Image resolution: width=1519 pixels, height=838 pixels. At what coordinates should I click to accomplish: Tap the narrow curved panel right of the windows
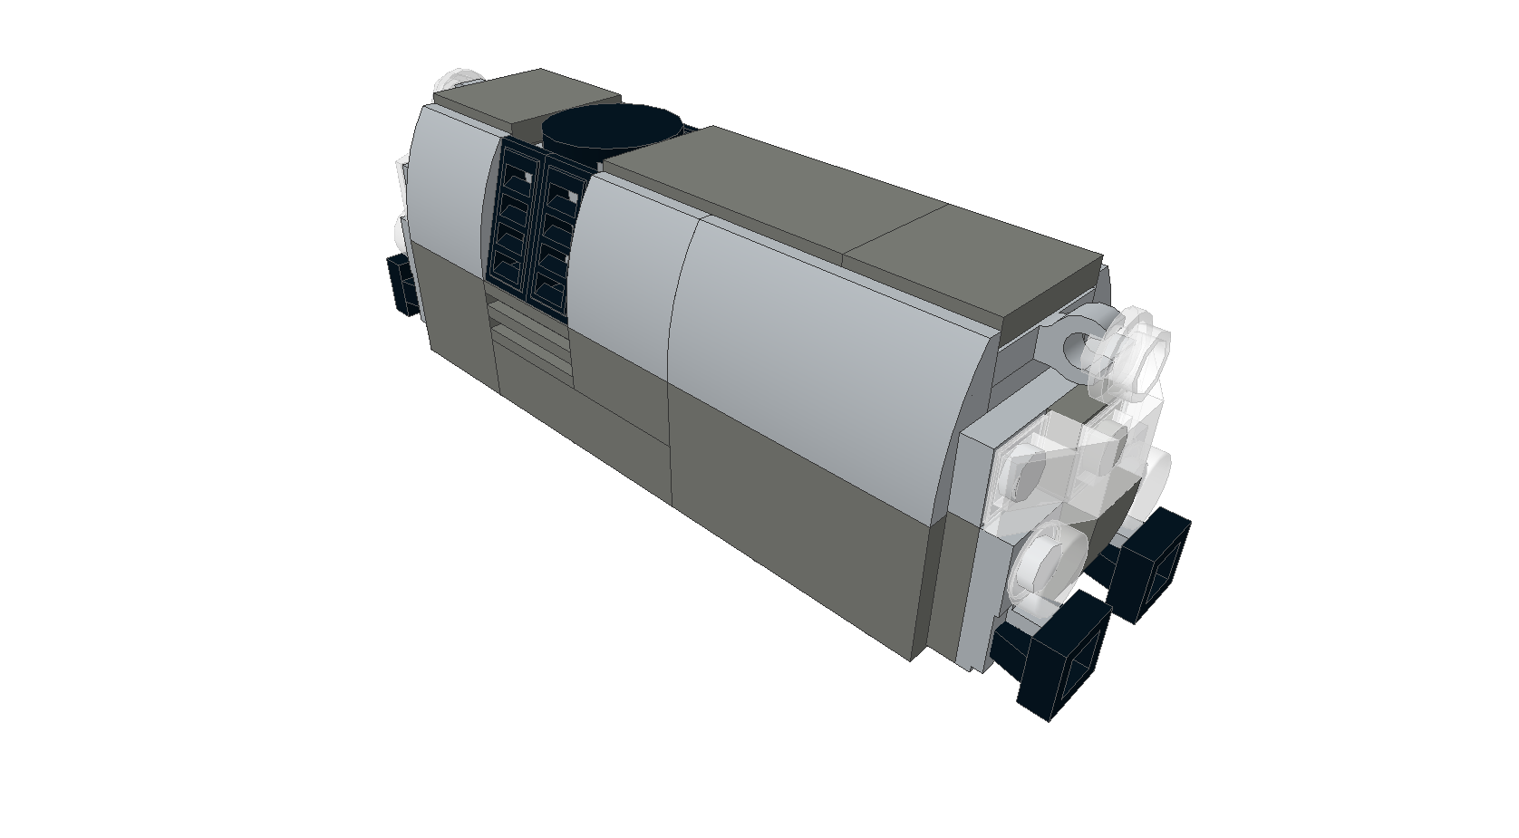pos(630,263)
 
